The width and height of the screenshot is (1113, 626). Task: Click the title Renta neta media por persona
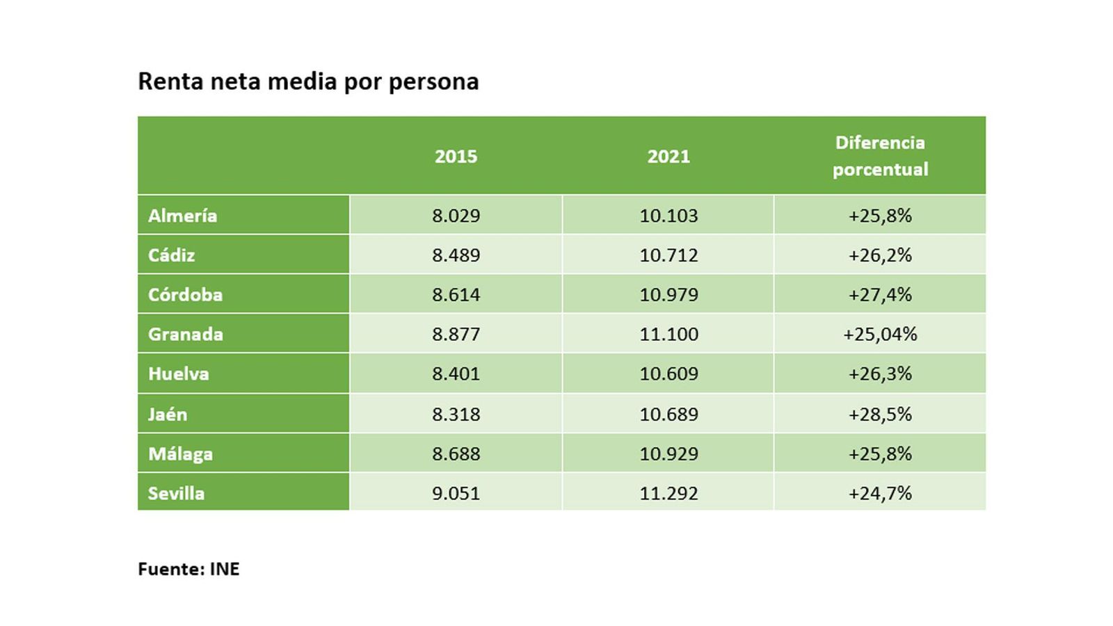[x=308, y=81]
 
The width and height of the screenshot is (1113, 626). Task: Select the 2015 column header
[x=456, y=156]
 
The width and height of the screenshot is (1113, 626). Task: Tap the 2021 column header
[x=668, y=156]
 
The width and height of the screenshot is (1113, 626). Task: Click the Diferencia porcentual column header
[x=880, y=156]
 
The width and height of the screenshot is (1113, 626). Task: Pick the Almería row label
[x=182, y=216]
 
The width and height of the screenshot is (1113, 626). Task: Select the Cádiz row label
[x=171, y=255]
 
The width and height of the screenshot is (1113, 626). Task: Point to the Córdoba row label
[x=185, y=295]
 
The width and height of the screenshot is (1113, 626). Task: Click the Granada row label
[x=185, y=335]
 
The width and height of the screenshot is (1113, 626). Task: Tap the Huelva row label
[x=178, y=374]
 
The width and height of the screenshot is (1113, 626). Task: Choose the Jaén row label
[x=168, y=415]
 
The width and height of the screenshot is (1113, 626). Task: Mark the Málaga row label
[x=180, y=454]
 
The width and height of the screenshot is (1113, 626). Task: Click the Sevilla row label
[x=176, y=494]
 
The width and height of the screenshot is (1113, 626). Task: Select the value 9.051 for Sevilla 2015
[x=456, y=494]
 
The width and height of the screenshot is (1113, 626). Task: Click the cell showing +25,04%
[x=880, y=335]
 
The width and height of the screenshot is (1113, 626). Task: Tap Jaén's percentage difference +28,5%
[x=880, y=415]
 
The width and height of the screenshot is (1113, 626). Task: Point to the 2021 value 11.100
[x=668, y=335]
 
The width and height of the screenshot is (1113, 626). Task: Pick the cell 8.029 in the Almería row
[x=456, y=216]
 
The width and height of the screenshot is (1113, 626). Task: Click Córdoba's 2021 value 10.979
[x=668, y=295]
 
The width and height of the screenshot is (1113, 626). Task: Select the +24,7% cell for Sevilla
[x=880, y=494]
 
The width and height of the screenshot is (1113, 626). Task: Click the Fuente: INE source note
[x=189, y=569]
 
